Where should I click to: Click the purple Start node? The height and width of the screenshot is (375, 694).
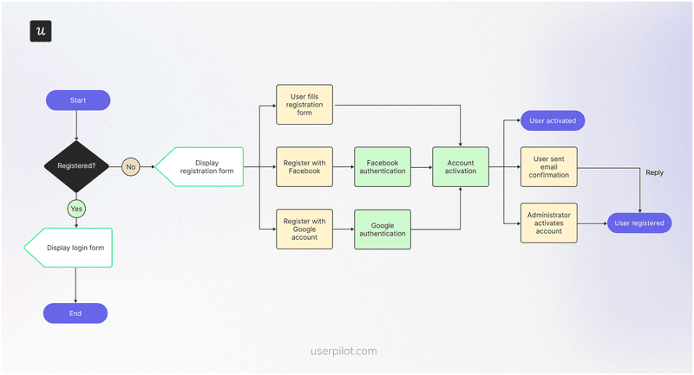[x=78, y=100]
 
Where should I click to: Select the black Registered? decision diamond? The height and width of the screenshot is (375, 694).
[x=76, y=165]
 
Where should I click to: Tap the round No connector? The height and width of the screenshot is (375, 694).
[x=131, y=165]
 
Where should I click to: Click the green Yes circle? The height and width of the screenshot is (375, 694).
[x=76, y=209]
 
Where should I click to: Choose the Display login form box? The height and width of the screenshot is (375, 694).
[x=69, y=248]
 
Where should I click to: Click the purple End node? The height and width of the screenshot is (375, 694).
[x=75, y=313]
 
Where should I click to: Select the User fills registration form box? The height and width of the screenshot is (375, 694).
[x=304, y=105]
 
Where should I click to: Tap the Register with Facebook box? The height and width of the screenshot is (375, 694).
[x=304, y=166]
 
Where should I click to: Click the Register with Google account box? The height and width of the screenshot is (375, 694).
[x=304, y=229]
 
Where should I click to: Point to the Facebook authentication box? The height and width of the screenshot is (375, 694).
[x=382, y=166]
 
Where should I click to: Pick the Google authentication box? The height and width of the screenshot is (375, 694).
[x=382, y=229]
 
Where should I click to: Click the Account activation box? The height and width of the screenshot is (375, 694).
[x=461, y=166]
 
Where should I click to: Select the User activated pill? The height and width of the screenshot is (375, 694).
[x=553, y=120]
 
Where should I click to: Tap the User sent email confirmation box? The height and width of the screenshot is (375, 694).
[x=548, y=166]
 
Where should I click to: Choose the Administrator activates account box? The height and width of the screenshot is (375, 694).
[x=548, y=223]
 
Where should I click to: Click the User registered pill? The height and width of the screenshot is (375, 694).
[x=638, y=223]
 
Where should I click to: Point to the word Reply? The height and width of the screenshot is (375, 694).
[x=654, y=172]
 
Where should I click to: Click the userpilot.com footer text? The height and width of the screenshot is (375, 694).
[x=344, y=352]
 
